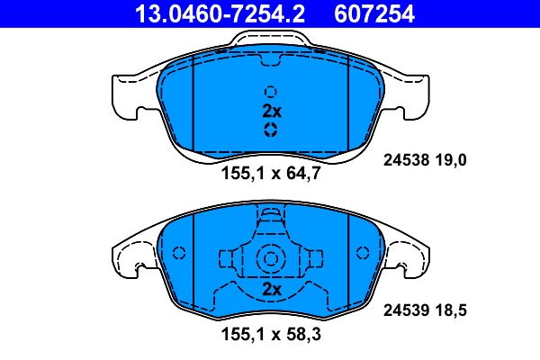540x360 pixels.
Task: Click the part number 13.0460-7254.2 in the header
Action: click(220, 13)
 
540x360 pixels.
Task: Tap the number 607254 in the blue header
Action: click(374, 13)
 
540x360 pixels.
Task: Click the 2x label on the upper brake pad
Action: click(272, 111)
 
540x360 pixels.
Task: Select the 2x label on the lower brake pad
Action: click(272, 290)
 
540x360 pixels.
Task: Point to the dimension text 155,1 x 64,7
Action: click(271, 173)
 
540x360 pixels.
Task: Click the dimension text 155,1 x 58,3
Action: click(271, 334)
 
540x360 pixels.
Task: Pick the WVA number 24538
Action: click(407, 160)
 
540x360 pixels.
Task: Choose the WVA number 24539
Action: click(407, 310)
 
